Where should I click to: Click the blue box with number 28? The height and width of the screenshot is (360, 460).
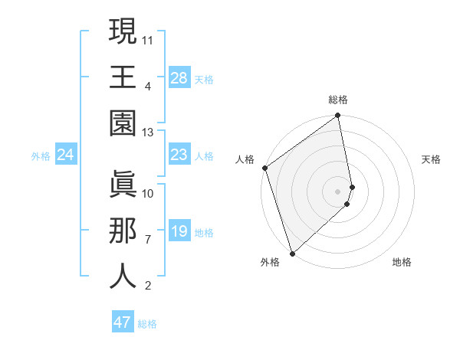(x=179, y=78)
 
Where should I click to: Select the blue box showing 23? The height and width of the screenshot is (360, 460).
(x=179, y=155)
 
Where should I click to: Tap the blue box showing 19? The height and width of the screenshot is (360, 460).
(x=179, y=232)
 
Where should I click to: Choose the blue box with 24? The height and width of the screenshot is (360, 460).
(x=66, y=155)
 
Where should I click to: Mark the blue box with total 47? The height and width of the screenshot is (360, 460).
(x=123, y=322)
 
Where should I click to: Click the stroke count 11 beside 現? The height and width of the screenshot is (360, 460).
(x=148, y=38)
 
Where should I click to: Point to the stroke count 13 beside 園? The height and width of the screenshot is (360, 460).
(x=148, y=133)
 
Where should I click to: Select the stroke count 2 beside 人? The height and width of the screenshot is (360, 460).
(x=147, y=286)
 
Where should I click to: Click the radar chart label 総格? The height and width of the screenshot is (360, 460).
(x=338, y=100)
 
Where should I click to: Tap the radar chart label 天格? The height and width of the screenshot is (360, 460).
(x=432, y=159)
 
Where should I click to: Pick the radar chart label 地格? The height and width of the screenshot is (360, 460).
(x=402, y=262)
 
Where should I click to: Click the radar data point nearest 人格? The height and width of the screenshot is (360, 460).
(x=264, y=168)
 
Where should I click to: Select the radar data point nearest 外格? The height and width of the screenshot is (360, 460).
(x=292, y=253)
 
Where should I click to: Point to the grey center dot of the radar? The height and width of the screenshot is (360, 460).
(x=338, y=191)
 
